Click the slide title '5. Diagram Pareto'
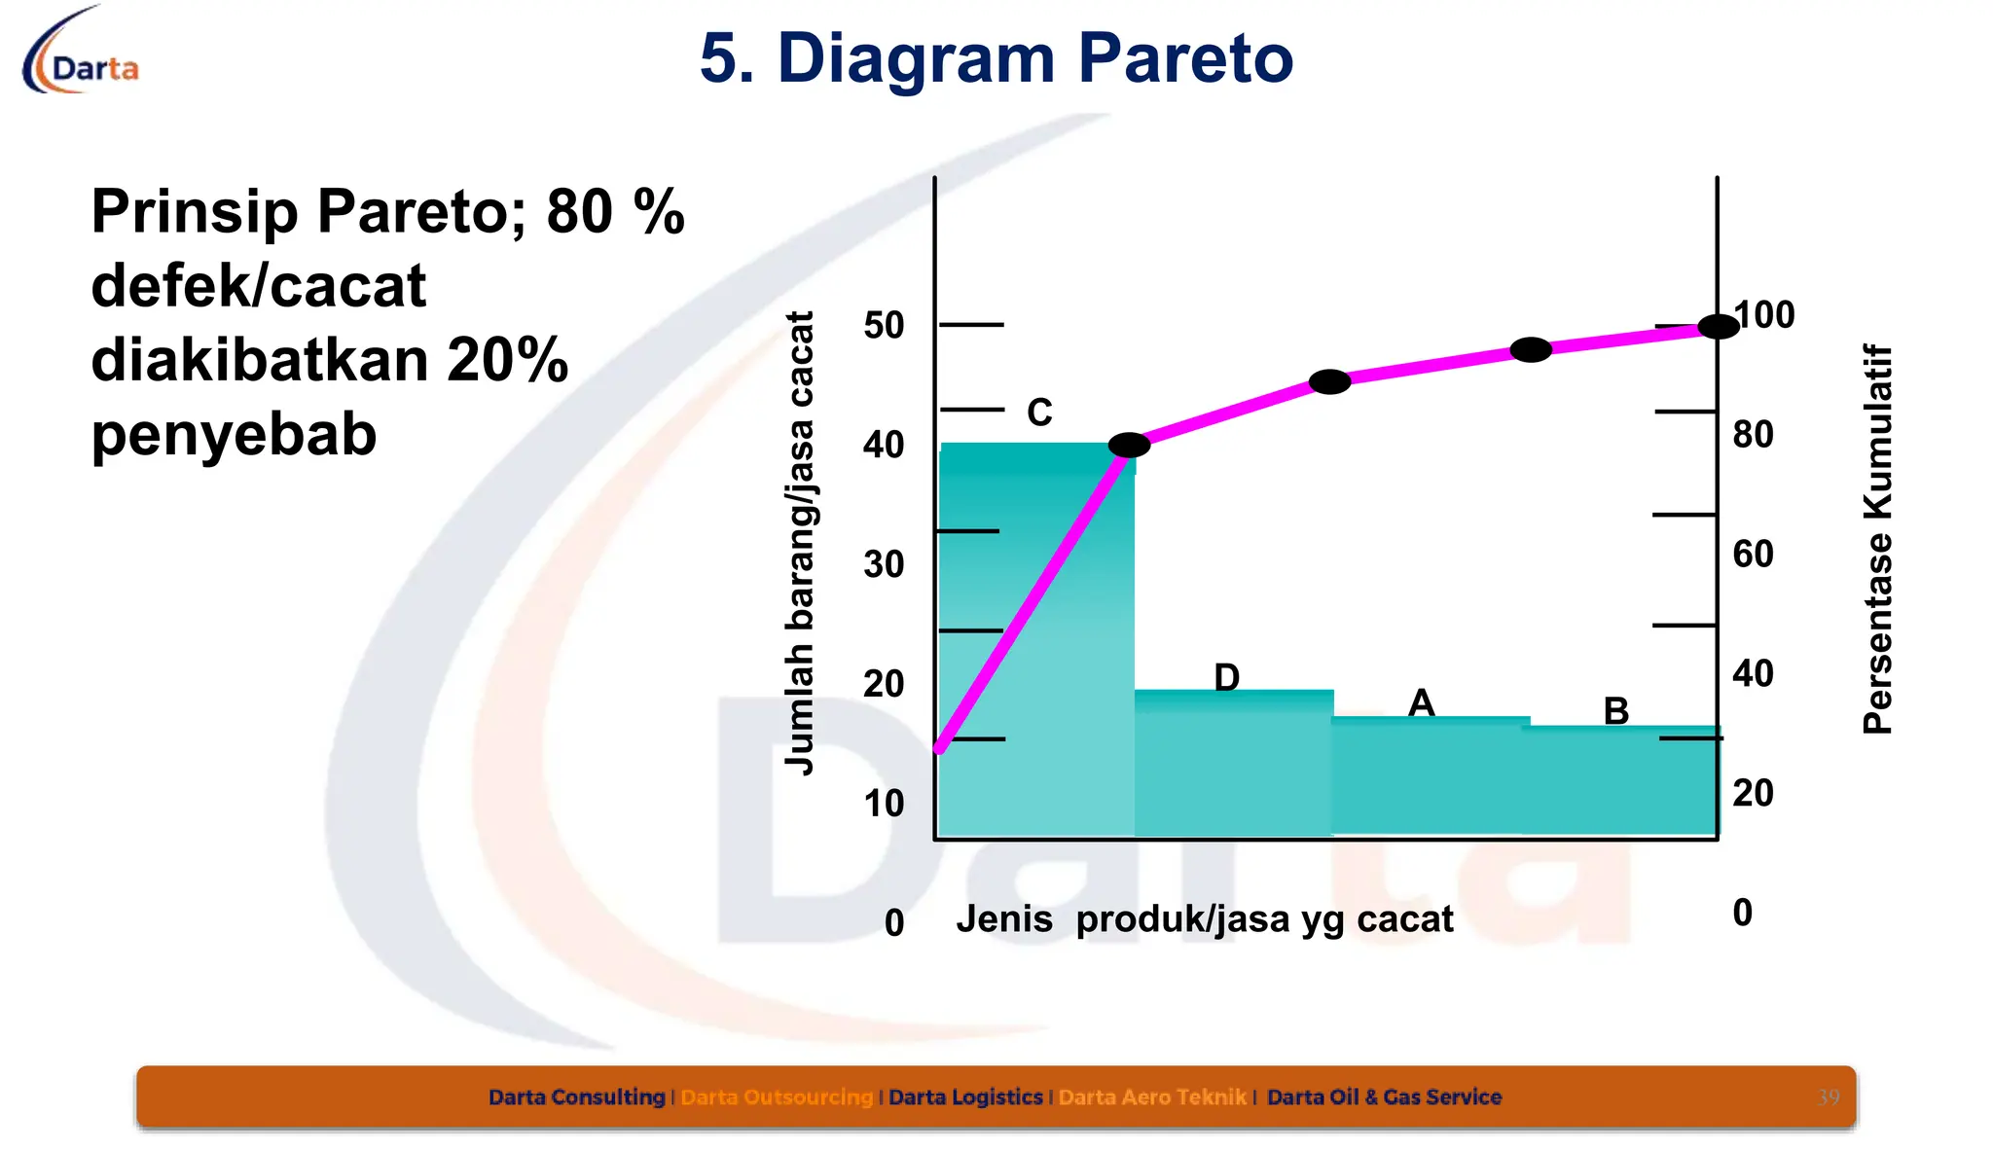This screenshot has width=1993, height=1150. tap(996, 58)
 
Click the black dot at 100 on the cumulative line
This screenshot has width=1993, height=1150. tap(1718, 327)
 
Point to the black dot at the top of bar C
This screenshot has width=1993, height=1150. tap(1129, 445)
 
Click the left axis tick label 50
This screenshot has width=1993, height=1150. tap(884, 326)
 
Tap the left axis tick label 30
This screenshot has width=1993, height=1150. tap(884, 564)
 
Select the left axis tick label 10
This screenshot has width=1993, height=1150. tap(884, 804)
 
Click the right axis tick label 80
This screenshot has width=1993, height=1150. tap(1753, 435)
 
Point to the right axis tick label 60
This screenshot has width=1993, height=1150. tap(1753, 555)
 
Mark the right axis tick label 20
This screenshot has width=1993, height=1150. tap(1753, 793)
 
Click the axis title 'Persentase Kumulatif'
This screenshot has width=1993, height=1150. tap(1877, 538)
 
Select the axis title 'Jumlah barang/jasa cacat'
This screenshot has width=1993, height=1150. tap(800, 543)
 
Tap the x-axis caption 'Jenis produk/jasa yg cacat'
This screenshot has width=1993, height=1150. tap(1204, 919)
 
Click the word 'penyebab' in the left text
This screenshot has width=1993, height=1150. tap(234, 434)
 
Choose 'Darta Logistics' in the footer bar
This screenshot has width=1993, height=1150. tap(965, 1097)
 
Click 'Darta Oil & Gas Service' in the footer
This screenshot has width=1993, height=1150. tap(1384, 1097)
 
